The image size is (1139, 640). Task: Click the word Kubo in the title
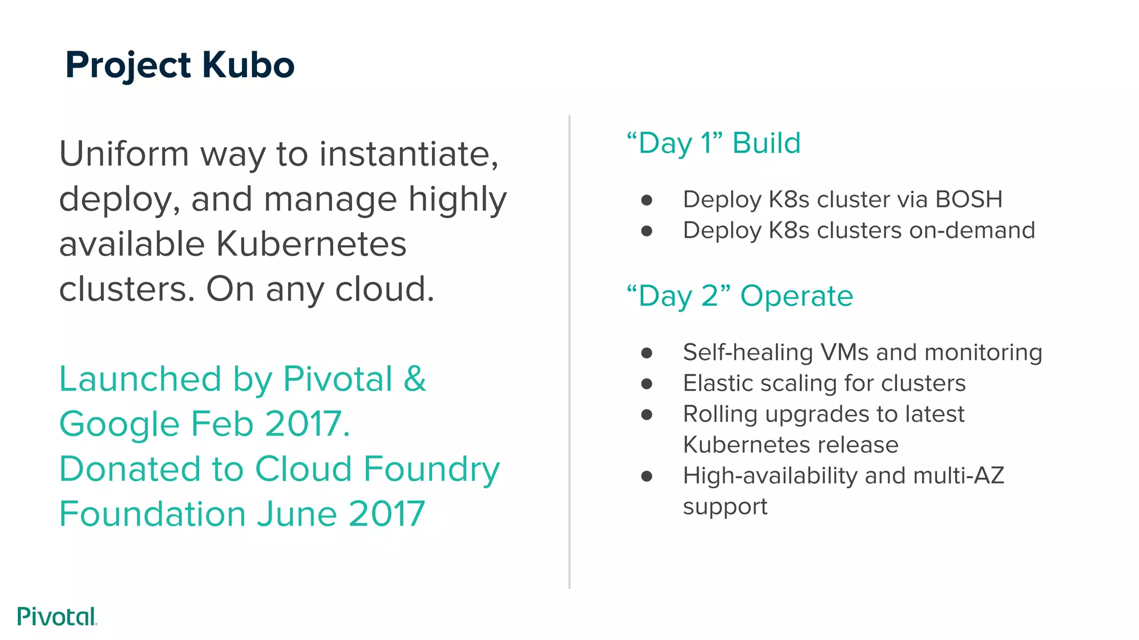pos(248,66)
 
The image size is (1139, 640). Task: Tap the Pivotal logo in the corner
pos(57,617)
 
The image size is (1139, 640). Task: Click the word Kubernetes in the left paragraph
pos(311,244)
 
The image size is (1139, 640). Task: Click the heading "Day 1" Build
pos(714,143)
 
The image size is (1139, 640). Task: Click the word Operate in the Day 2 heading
pos(796,296)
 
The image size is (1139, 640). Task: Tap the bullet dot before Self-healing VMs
pos(646,353)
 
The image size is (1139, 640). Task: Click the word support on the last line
pos(725,507)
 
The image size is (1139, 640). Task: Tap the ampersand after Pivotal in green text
pos(415,379)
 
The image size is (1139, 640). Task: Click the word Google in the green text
pos(120,424)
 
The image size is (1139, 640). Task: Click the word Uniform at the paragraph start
pos(124,154)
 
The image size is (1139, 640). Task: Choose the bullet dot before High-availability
pos(646,476)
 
